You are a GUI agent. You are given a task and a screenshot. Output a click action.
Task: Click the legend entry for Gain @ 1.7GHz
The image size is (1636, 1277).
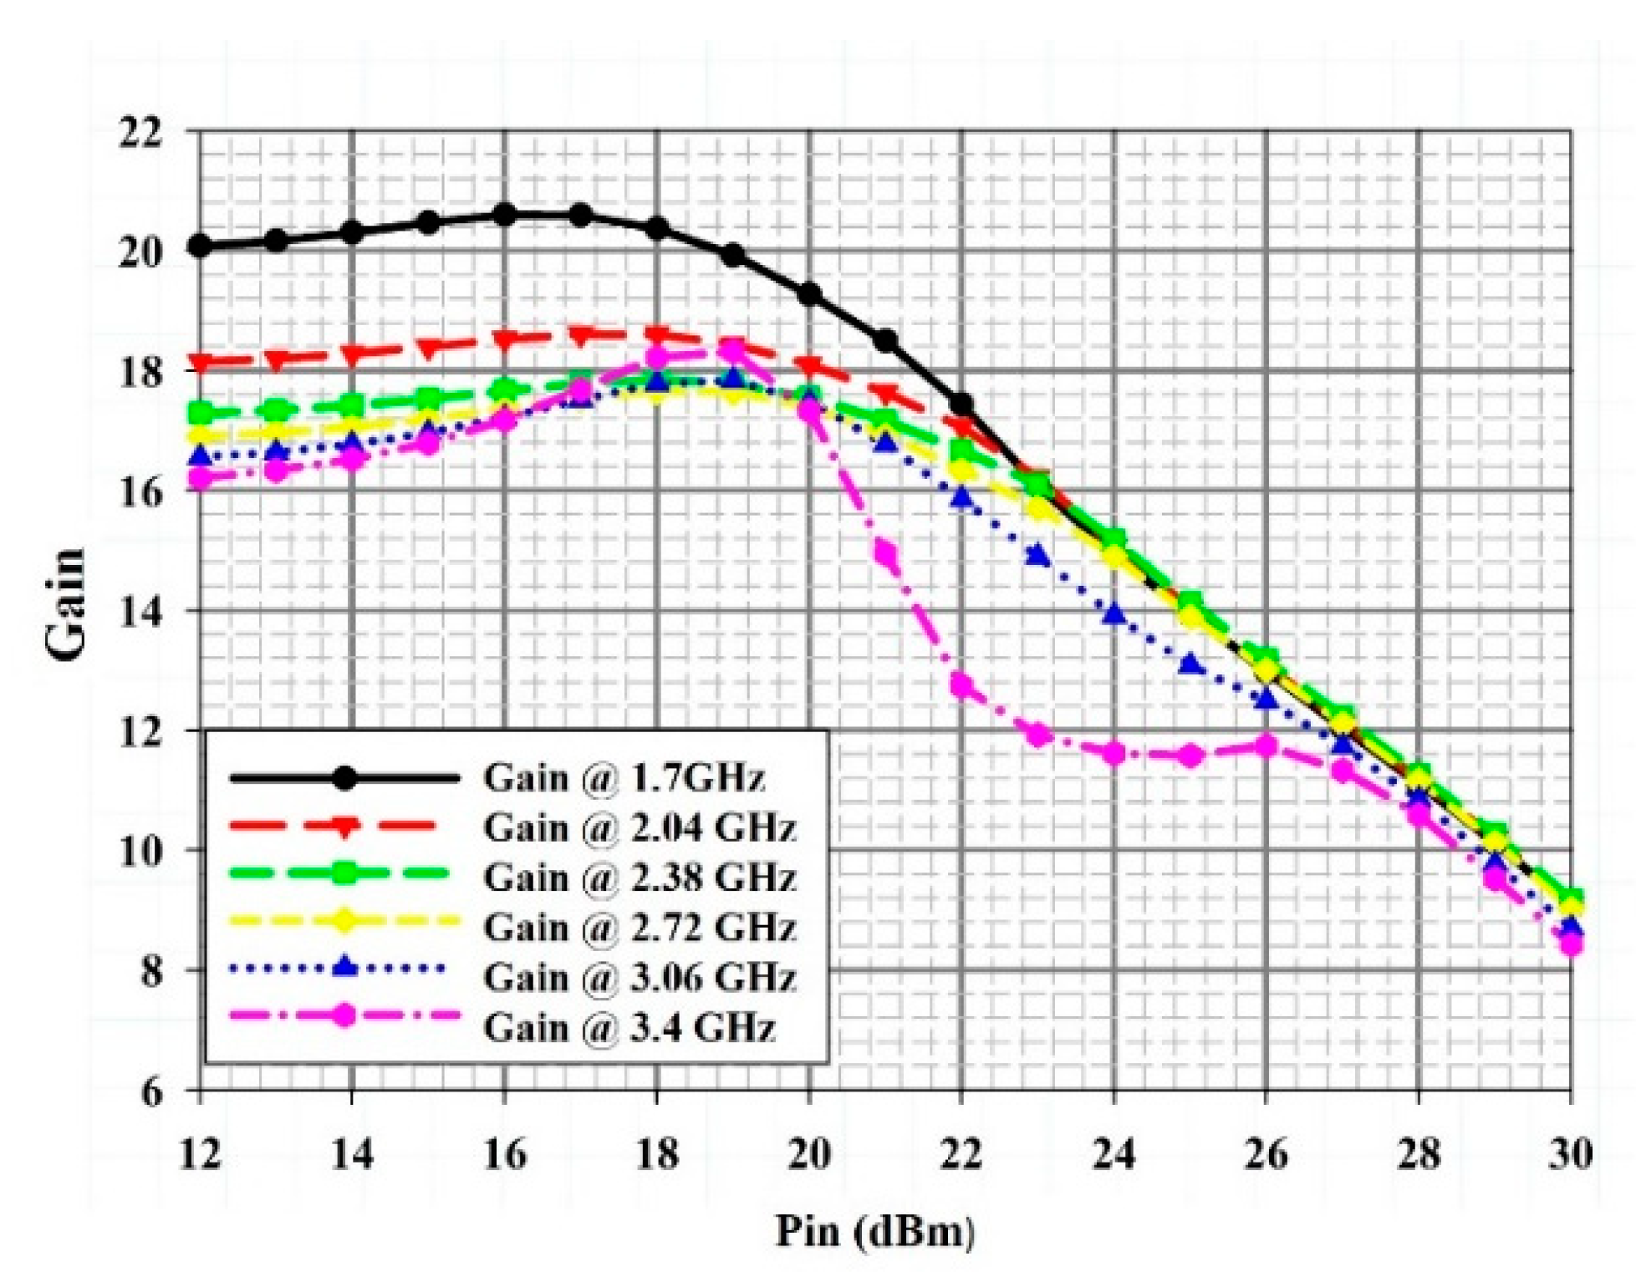tap(624, 778)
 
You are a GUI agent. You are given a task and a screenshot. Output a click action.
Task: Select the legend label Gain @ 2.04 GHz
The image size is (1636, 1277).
tap(640, 828)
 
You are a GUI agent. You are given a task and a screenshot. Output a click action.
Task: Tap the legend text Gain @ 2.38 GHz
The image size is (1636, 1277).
tap(640, 878)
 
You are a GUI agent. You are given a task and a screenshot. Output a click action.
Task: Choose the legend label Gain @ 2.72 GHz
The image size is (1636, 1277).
tap(640, 927)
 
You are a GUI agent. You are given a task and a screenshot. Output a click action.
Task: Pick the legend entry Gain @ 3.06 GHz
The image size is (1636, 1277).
tap(640, 976)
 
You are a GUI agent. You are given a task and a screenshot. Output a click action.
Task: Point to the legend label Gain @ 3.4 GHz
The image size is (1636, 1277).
tap(629, 1026)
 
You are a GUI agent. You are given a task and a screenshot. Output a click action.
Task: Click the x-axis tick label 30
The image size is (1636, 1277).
tap(1570, 1155)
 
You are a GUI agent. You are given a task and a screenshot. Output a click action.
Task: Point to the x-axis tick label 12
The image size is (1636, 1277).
tap(201, 1155)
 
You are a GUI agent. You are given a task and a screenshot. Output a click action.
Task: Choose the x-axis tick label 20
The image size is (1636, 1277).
tap(809, 1155)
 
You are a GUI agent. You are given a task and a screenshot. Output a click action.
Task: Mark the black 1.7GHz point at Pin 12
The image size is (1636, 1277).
tap(201, 246)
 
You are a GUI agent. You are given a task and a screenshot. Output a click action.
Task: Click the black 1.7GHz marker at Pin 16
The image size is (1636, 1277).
tap(505, 215)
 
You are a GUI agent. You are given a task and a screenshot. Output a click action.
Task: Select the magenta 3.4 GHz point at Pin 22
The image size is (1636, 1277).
tap(962, 686)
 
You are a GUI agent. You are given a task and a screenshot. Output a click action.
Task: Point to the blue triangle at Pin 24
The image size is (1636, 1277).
tap(1114, 615)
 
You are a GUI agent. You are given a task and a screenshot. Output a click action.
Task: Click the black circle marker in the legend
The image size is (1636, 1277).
tap(344, 778)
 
